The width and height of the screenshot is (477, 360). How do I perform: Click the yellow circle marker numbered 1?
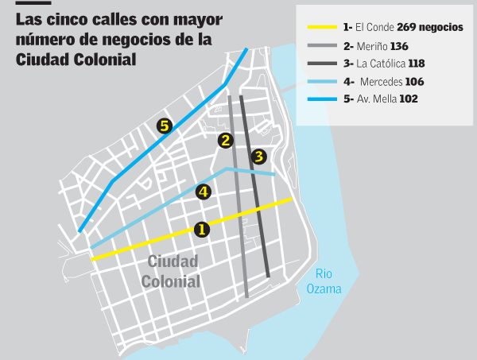coord(201,229)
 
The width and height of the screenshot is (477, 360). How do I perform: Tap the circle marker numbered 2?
coord(227,141)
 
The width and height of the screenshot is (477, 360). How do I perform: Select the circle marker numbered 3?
coord(258,157)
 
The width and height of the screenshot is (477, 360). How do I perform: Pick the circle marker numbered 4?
coord(204,192)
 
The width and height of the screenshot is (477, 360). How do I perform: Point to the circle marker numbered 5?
coord(164,126)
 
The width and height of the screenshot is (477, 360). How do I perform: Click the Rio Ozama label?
coord(324,282)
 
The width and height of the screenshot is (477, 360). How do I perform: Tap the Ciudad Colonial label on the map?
coord(171,271)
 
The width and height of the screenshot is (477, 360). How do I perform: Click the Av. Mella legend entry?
coord(376,99)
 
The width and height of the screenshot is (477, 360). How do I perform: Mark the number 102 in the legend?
coord(409,99)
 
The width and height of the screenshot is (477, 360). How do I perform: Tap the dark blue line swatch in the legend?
coord(322,99)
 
